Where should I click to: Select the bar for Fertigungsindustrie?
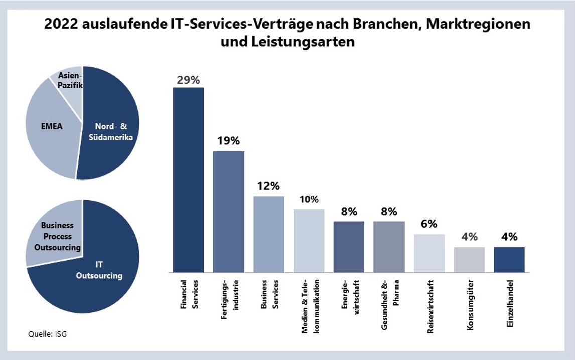pyautogui.click(x=228, y=212)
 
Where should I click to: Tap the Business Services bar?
pyautogui.click(x=268, y=234)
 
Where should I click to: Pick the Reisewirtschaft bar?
pyautogui.click(x=429, y=253)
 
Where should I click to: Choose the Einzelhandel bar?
pyautogui.click(x=509, y=260)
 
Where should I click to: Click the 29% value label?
pyautogui.click(x=188, y=80)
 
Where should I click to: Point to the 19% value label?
pyautogui.click(x=228, y=141)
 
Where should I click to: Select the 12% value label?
pyautogui.click(x=268, y=186)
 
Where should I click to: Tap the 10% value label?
pyautogui.click(x=309, y=199)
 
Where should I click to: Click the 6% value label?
pyautogui.click(x=429, y=224)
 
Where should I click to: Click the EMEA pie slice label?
pyautogui.click(x=52, y=127)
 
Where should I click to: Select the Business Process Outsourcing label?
pyautogui.click(x=57, y=236)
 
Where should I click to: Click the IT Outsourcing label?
pyautogui.click(x=99, y=270)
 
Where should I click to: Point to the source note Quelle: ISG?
pyautogui.click(x=47, y=334)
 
